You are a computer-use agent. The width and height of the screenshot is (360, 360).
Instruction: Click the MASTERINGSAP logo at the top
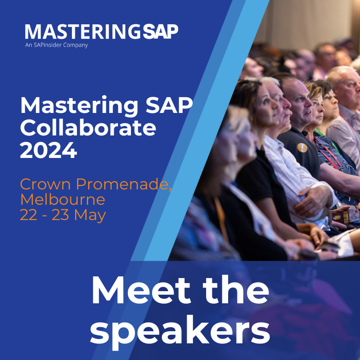(101, 31)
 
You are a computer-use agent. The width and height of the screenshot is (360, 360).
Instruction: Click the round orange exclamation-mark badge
(302, 147)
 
